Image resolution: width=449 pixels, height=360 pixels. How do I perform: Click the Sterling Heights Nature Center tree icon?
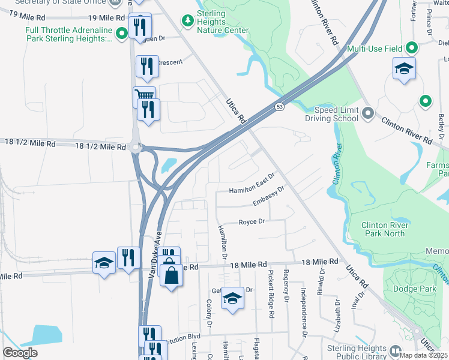[x=188, y=22]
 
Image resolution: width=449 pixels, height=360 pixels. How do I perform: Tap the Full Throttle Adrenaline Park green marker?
[x=122, y=34]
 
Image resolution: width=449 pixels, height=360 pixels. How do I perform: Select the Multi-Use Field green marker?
[x=412, y=47]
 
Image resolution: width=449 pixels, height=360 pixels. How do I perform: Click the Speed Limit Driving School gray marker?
[x=369, y=112]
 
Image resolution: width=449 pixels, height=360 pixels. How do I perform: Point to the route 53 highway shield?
[x=280, y=106]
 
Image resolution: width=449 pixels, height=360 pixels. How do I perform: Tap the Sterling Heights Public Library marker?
[x=395, y=350]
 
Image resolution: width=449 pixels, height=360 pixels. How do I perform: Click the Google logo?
[x=20, y=353]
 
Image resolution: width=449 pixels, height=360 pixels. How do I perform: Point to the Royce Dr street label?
[x=252, y=221]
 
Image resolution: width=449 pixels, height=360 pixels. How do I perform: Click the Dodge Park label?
[x=414, y=289]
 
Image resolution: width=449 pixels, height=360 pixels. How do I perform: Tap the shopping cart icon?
[x=144, y=95]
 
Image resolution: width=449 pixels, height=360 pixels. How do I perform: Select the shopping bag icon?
[x=171, y=275]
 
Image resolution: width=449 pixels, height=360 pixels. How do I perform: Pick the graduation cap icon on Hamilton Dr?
[x=232, y=298]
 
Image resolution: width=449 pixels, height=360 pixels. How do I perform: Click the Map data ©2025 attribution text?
[x=424, y=355]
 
